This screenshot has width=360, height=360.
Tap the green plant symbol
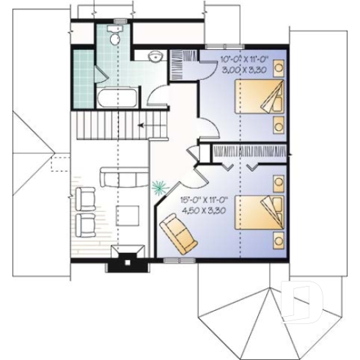pyautogui.click(x=158, y=188)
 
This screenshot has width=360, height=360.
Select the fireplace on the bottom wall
pyautogui.click(x=124, y=259)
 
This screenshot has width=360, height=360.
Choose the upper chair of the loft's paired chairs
pyautogui.click(x=85, y=199)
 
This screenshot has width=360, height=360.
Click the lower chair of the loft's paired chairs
pyautogui.click(x=84, y=224)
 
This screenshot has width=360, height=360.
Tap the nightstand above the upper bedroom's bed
pyautogui.click(x=279, y=68)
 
